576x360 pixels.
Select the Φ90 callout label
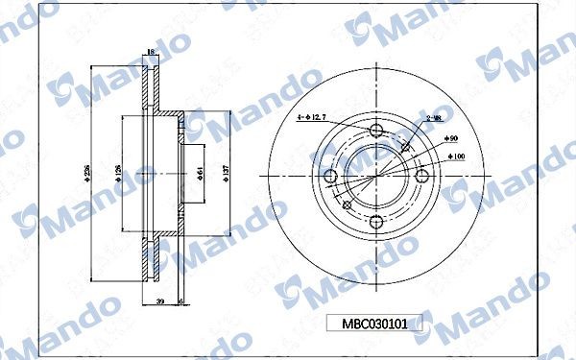pyautogui.click(x=451, y=139)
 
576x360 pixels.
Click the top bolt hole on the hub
pyautogui.click(x=375, y=131)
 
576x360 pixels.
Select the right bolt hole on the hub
pyautogui.click(x=420, y=175)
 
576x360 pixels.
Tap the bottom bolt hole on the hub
pyautogui.click(x=375, y=220)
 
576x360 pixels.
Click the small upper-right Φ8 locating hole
pyautogui.click(x=406, y=148)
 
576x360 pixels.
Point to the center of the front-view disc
pyautogui.click(x=375, y=176)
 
